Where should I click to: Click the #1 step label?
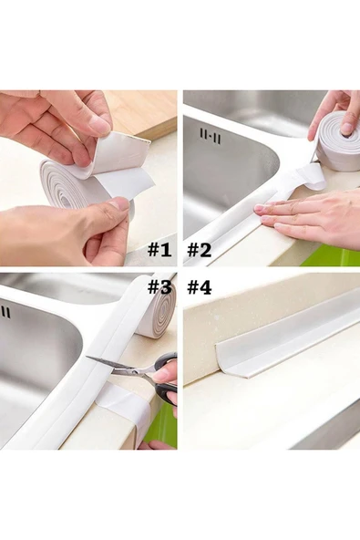159,249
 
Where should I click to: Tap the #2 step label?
200,249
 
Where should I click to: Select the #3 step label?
159,286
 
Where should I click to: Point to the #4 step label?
200,287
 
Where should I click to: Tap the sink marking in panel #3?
5,312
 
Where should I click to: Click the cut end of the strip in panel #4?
235,365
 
